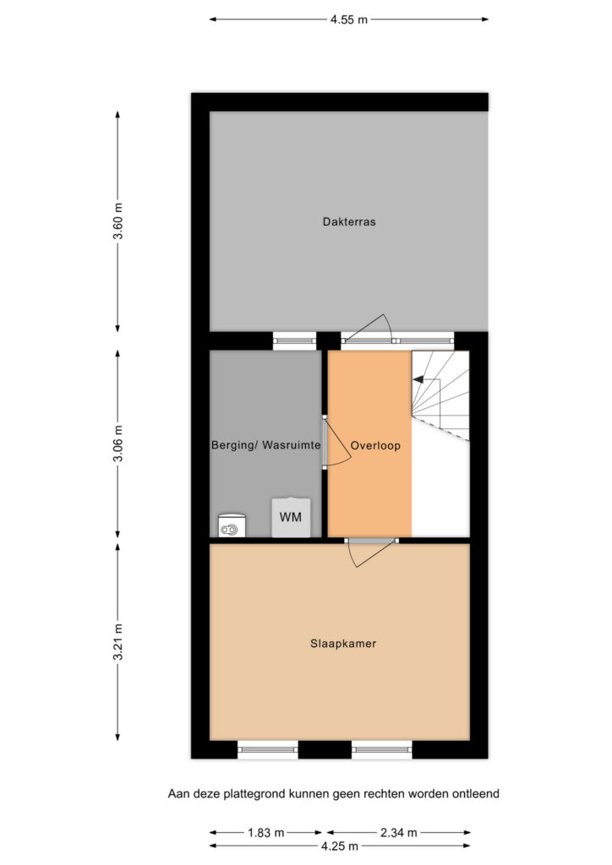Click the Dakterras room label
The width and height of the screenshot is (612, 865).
[x=349, y=222]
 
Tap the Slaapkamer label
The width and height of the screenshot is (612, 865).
[x=343, y=643]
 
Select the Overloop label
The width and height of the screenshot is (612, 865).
[x=375, y=446]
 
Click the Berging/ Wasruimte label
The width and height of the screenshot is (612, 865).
[x=265, y=445]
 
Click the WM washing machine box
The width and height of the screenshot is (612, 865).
[x=291, y=518]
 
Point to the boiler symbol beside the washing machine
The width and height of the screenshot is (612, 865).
[x=232, y=525]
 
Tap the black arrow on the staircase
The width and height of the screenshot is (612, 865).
[x=418, y=379]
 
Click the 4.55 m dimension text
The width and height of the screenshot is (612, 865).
[x=349, y=20]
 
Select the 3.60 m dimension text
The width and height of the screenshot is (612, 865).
[x=118, y=222]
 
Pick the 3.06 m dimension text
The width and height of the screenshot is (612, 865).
[x=118, y=444]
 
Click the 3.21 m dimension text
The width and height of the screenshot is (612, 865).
[x=118, y=642]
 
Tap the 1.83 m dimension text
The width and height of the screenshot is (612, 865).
[x=266, y=832]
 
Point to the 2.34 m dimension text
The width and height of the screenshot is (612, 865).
[x=398, y=832]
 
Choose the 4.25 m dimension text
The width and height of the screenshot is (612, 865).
[x=340, y=846]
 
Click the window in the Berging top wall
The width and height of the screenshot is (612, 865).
[x=295, y=341]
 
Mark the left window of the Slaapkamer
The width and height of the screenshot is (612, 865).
[x=268, y=749]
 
